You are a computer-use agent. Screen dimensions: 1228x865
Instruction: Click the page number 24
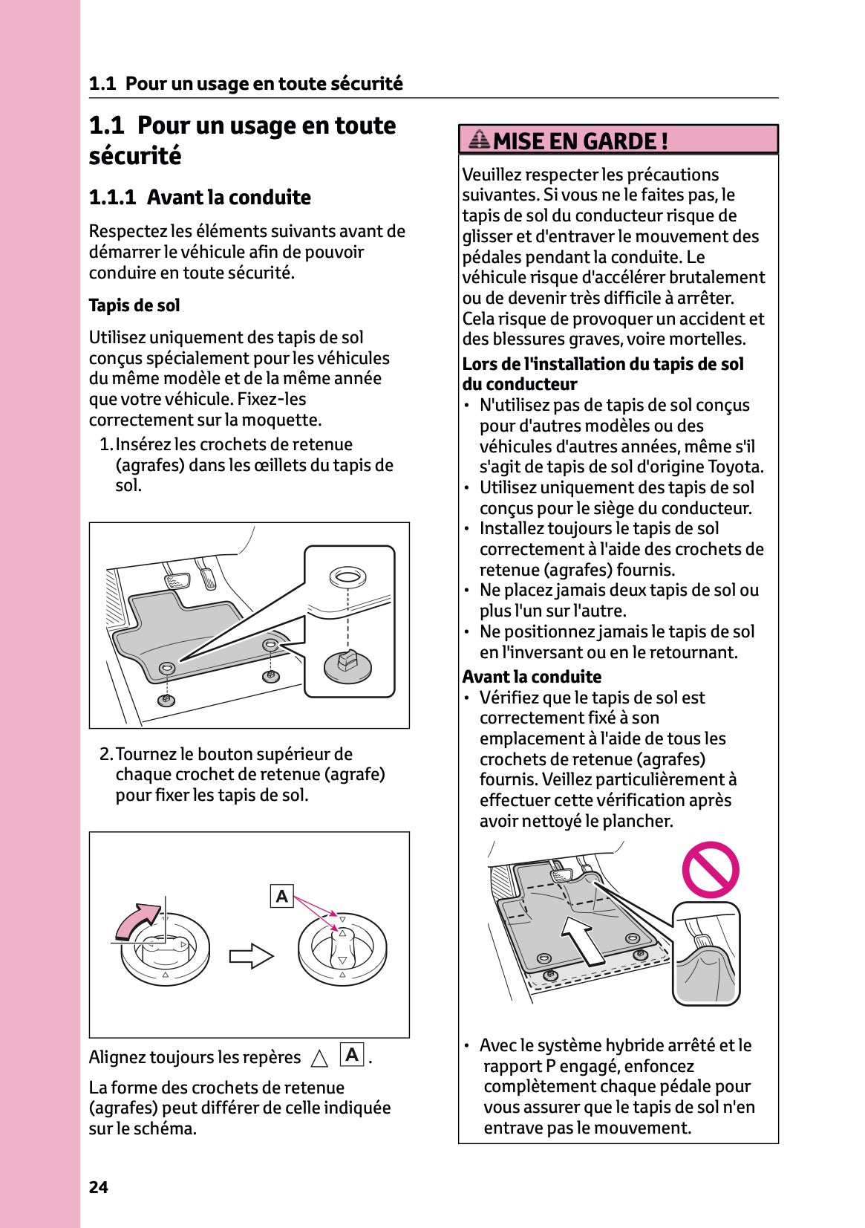point(98,1187)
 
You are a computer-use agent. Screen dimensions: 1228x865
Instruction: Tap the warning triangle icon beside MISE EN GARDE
point(480,139)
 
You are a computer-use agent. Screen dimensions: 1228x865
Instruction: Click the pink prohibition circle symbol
point(711,869)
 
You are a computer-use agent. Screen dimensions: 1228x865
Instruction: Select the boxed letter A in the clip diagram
point(282,897)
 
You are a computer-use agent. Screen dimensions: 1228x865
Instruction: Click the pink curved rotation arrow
point(137,920)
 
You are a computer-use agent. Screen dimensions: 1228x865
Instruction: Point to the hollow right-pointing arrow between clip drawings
point(251,955)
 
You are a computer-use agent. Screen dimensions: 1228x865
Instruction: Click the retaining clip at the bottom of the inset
point(347,663)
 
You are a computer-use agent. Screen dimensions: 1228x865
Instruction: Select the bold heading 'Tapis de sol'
point(134,305)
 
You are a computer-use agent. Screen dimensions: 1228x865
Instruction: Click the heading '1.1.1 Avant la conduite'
point(200,198)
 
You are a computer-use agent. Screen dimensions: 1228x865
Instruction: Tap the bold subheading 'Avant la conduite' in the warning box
point(532,677)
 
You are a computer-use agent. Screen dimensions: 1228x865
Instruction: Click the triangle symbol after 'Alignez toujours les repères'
point(319,1058)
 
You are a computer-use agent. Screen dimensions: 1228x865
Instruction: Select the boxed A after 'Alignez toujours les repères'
point(352,1055)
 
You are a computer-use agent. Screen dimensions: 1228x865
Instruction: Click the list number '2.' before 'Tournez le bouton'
point(106,755)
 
